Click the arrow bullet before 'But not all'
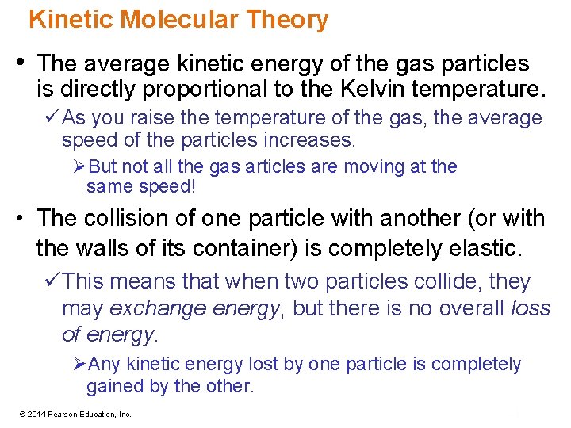[x=79, y=167]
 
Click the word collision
[x=139, y=218]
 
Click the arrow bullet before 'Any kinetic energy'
[x=79, y=365]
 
